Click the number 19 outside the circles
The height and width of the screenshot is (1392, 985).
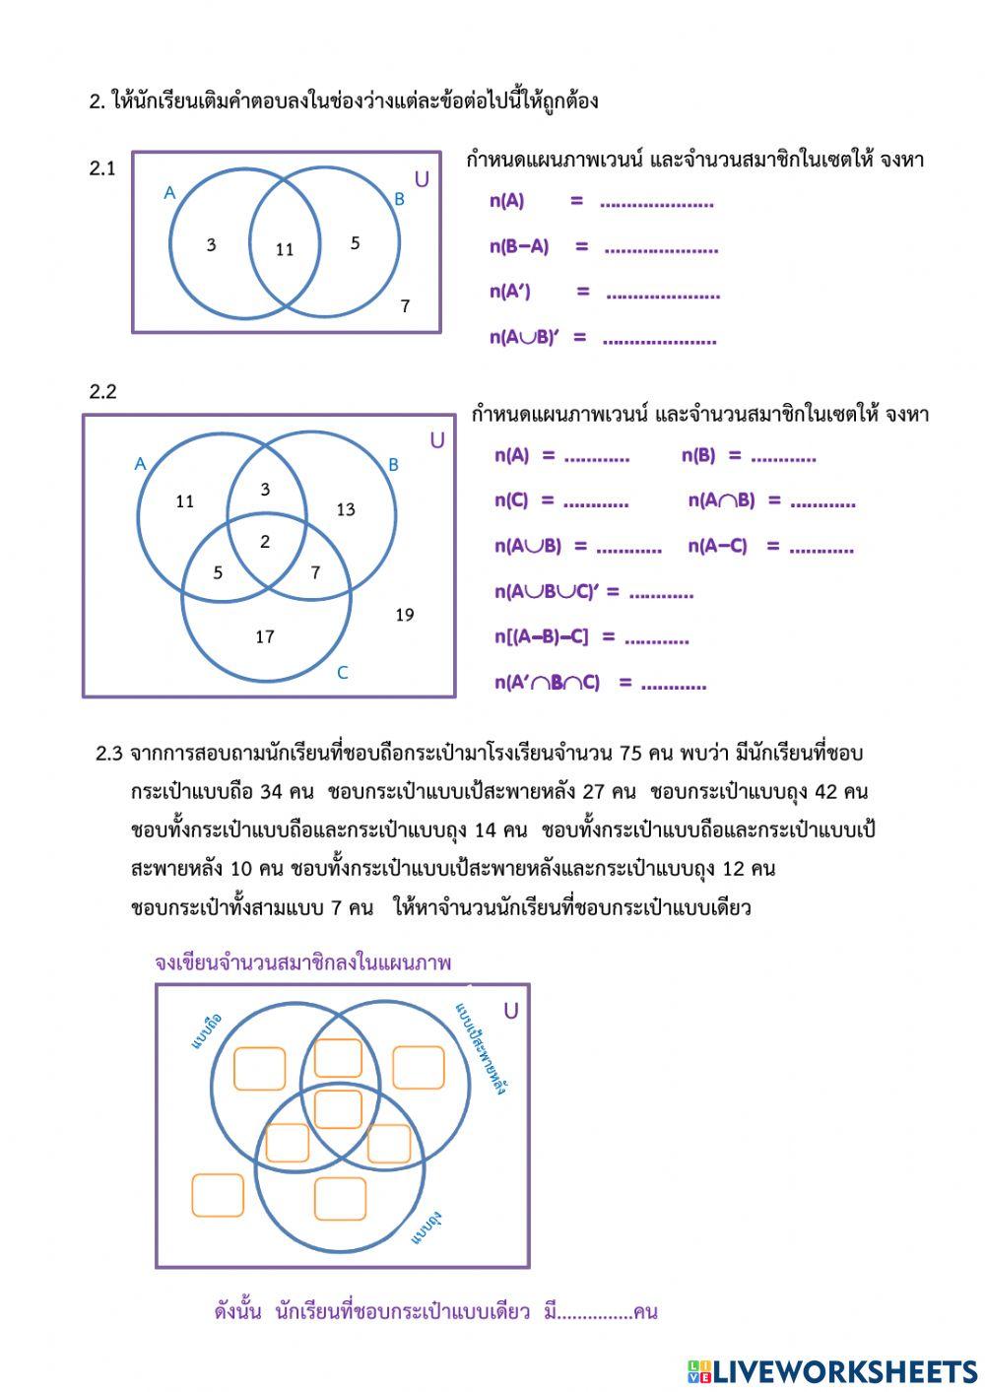(x=404, y=615)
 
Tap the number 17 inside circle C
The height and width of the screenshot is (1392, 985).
(x=265, y=636)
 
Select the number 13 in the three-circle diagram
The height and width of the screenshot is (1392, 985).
(x=345, y=509)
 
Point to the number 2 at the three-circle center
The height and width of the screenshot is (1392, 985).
(x=264, y=542)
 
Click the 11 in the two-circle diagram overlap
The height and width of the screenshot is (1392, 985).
(x=285, y=249)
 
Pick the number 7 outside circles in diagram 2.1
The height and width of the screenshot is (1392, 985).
(x=405, y=306)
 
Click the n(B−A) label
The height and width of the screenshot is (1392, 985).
(x=519, y=246)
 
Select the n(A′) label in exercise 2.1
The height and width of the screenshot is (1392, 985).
(x=510, y=291)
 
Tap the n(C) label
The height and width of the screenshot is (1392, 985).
(x=511, y=500)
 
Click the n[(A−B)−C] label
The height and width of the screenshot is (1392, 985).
(x=541, y=636)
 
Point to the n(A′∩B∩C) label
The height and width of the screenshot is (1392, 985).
(x=547, y=682)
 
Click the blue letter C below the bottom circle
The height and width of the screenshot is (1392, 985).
(x=343, y=673)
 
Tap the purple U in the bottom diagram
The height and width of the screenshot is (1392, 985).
(x=510, y=1011)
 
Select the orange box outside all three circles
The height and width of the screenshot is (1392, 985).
(x=218, y=1195)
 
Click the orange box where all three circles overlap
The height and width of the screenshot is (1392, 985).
(x=338, y=1108)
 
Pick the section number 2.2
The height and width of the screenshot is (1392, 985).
(x=102, y=392)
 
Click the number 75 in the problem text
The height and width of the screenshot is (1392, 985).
(x=630, y=754)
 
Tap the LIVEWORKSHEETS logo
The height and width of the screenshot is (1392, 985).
(x=832, y=1370)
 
